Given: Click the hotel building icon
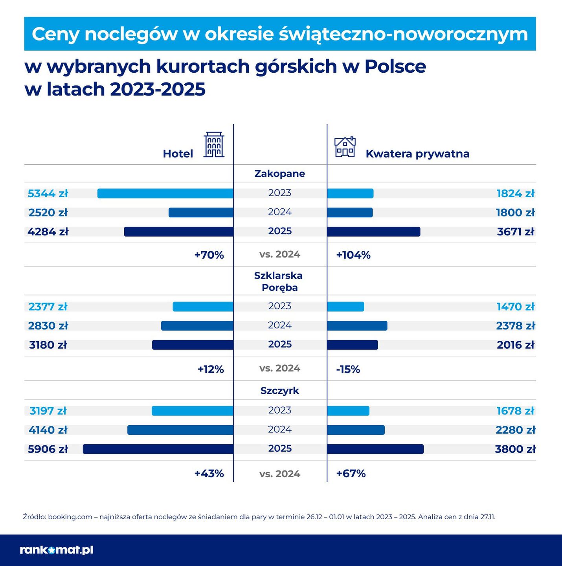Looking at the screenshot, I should tap(214, 145).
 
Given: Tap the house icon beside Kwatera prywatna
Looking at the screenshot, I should tap(345, 147).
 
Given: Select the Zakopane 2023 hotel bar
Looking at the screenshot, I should tap(165, 193).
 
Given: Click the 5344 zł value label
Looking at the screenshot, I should tap(48, 193).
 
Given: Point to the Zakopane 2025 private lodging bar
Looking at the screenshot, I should tap(373, 232).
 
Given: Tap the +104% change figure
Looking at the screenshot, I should tap(353, 255).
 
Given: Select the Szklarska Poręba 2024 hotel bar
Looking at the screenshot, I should tap(197, 325).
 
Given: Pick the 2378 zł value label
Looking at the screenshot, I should tap(515, 325).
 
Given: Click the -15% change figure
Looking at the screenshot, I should tap(348, 369).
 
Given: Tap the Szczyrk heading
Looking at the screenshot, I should tap(279, 391).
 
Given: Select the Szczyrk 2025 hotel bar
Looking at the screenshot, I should tap(158, 449).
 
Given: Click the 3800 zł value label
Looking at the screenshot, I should tap(515, 449).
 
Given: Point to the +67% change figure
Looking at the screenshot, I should tap(351, 473).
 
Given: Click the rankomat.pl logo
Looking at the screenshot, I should tap(57, 550).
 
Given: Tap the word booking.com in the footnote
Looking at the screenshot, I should tap(70, 517).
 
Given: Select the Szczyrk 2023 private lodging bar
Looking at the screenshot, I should tap(348, 411).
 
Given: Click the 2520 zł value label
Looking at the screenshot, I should tap(48, 213).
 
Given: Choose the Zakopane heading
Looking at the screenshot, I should tap(279, 174).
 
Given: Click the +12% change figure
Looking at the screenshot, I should tap(210, 369).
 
